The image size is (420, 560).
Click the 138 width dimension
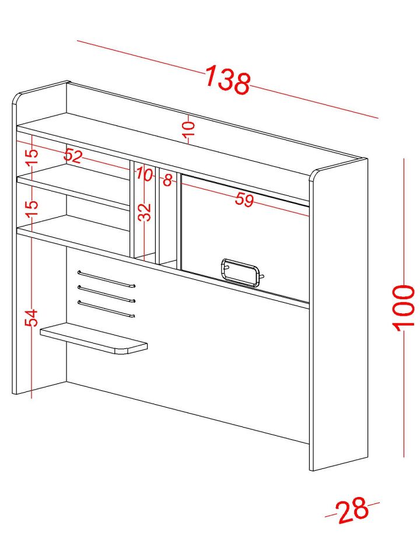[x=228, y=80]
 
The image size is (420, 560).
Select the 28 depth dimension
[x=352, y=510]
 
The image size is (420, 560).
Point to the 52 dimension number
[x=73, y=156]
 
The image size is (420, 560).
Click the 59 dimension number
[x=244, y=199]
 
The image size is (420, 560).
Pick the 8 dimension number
[x=168, y=180]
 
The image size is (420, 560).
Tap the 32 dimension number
[x=145, y=212]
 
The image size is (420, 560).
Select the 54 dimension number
[x=32, y=317]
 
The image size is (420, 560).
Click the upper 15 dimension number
[x=32, y=156]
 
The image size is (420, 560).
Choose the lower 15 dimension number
[x=32, y=208]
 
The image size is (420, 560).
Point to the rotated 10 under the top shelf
[x=189, y=128]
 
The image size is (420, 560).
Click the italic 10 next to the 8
[x=144, y=174]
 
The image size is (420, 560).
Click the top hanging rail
[x=106, y=279]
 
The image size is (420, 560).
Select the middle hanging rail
[x=106, y=293]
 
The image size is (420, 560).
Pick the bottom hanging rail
[x=106, y=309]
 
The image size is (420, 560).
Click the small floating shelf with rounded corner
[x=94, y=338]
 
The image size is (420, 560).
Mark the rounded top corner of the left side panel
[x=16, y=97]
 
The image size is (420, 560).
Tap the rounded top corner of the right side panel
[x=314, y=174]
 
